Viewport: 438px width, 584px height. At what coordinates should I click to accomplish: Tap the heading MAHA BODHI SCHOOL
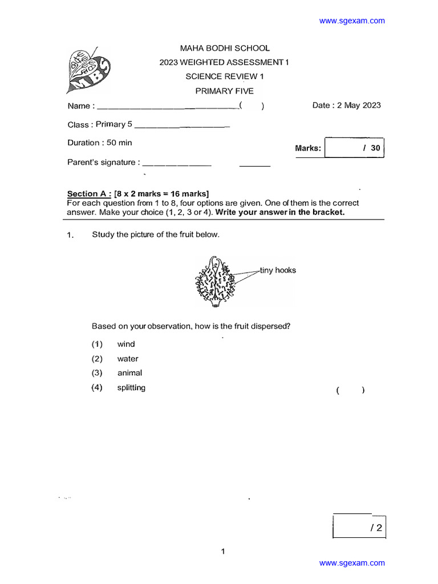point(225,48)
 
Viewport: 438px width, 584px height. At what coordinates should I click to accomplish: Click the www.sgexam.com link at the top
point(352,21)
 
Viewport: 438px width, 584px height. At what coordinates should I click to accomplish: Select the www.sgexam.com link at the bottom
point(352,563)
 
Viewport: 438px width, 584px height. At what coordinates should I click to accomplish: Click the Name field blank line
point(168,107)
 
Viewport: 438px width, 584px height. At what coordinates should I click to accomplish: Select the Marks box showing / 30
point(355,148)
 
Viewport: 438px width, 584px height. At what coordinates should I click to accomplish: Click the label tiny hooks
point(278,270)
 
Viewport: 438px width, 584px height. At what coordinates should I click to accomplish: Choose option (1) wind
point(126,344)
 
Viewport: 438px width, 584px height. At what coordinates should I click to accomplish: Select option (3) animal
point(129,373)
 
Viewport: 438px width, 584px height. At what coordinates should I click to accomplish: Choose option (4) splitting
point(131,388)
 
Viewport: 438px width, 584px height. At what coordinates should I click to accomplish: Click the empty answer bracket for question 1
point(350,390)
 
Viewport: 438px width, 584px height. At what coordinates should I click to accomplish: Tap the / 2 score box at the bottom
point(359,528)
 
